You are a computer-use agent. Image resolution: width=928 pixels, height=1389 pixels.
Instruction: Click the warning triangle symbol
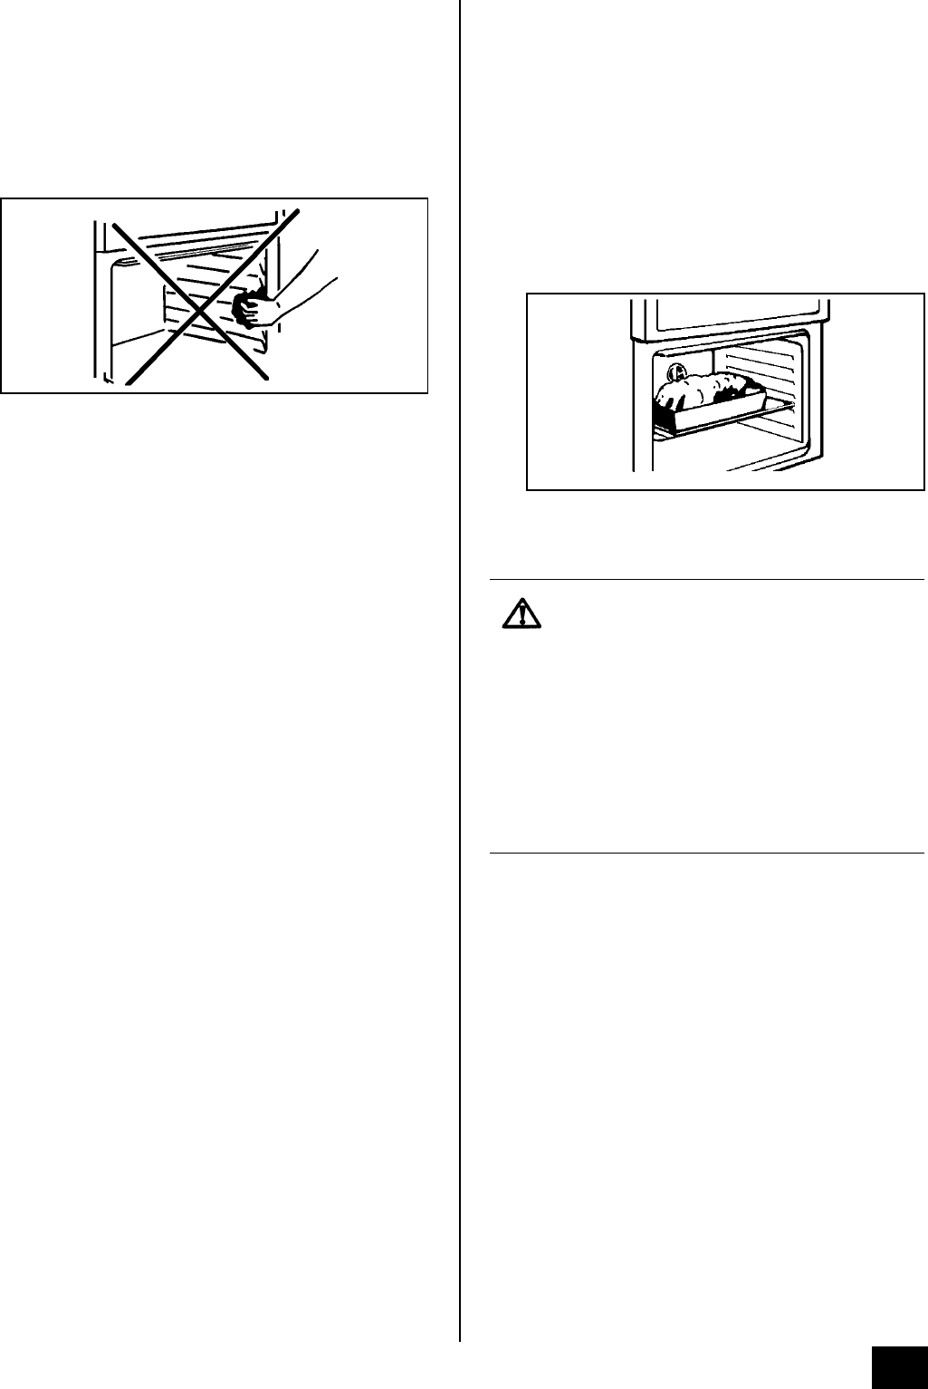coord(521,615)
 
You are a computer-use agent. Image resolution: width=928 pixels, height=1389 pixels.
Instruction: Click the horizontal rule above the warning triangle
coord(706,578)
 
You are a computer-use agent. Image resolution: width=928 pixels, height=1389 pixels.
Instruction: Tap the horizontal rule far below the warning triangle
coord(706,853)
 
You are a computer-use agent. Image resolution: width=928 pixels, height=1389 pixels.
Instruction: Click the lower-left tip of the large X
coord(126,382)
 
